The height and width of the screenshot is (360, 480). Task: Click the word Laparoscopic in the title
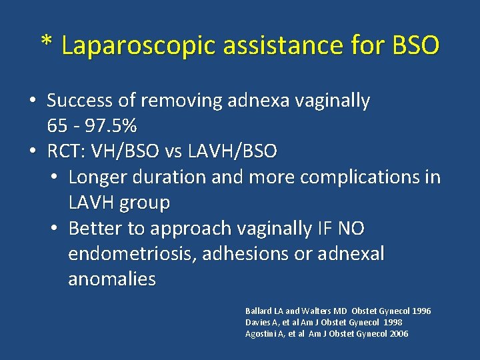pyautogui.click(x=139, y=45)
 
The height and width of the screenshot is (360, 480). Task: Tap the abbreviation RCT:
pyautogui.click(x=65, y=151)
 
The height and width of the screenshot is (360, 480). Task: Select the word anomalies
pyautogui.click(x=112, y=279)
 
